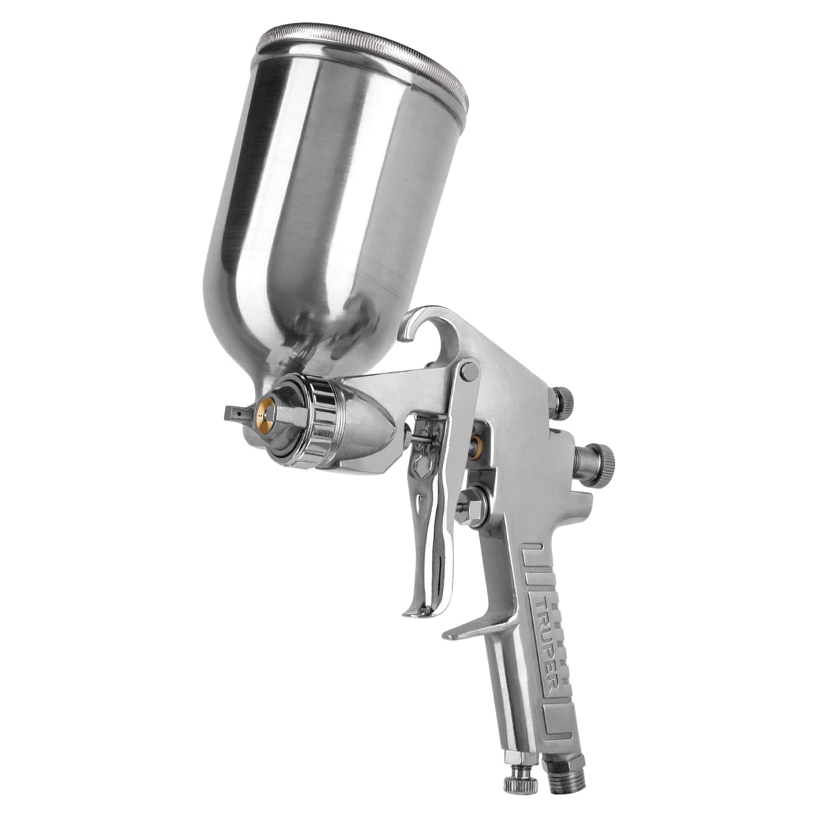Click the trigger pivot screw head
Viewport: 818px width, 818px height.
tap(467, 371)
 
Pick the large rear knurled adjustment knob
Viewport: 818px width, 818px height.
tap(597, 458)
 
